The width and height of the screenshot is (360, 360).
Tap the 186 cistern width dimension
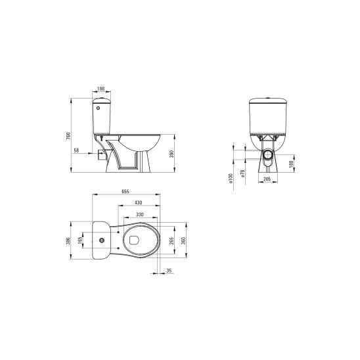(101, 89)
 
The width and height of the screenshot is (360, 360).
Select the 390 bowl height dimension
(171, 154)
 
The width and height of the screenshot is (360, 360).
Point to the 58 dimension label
(76, 150)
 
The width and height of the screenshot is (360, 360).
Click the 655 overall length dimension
(125, 191)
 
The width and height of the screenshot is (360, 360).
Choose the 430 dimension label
(138, 202)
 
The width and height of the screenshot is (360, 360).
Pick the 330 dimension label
(140, 214)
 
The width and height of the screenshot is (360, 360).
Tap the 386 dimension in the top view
(68, 240)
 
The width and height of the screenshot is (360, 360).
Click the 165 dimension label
(80, 240)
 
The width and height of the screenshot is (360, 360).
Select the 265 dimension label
(171, 240)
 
